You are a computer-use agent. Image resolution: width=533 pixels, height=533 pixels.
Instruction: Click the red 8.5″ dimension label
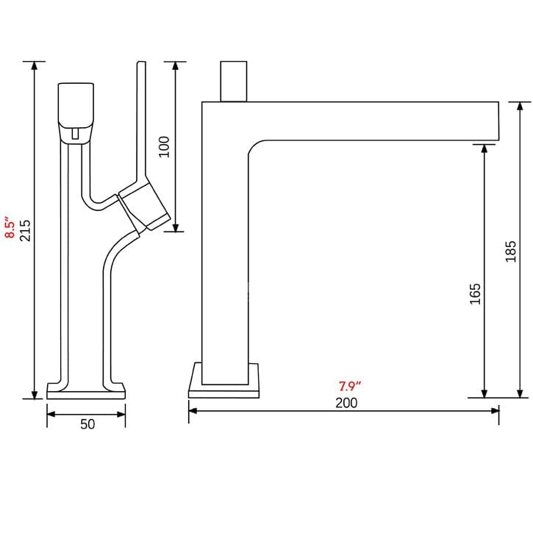coord(10,228)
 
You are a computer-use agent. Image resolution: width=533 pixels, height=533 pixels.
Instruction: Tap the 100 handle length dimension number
coord(164,146)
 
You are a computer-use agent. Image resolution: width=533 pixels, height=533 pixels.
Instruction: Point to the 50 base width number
coord(87,425)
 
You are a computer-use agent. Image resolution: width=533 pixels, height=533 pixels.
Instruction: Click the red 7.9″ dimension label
coord(349,386)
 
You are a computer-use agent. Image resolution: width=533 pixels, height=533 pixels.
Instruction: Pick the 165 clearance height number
coord(475,293)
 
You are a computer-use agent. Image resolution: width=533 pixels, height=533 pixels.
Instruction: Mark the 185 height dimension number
coord(512,251)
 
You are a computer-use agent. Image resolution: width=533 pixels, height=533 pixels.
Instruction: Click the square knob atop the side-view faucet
coord(235,81)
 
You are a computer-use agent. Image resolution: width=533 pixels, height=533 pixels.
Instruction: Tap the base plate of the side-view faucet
coord(223,380)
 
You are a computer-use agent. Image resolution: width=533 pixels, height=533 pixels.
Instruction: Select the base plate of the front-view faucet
coord(86,390)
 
